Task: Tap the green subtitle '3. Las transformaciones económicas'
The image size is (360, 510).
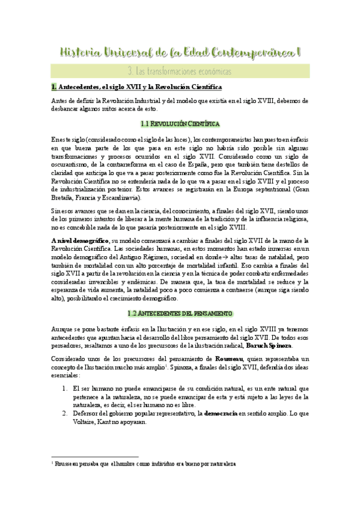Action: coord(180,71)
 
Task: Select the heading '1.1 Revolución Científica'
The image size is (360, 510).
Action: coord(180,124)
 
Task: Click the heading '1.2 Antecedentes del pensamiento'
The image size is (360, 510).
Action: coord(180,313)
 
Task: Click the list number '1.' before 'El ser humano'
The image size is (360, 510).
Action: coord(66,373)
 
